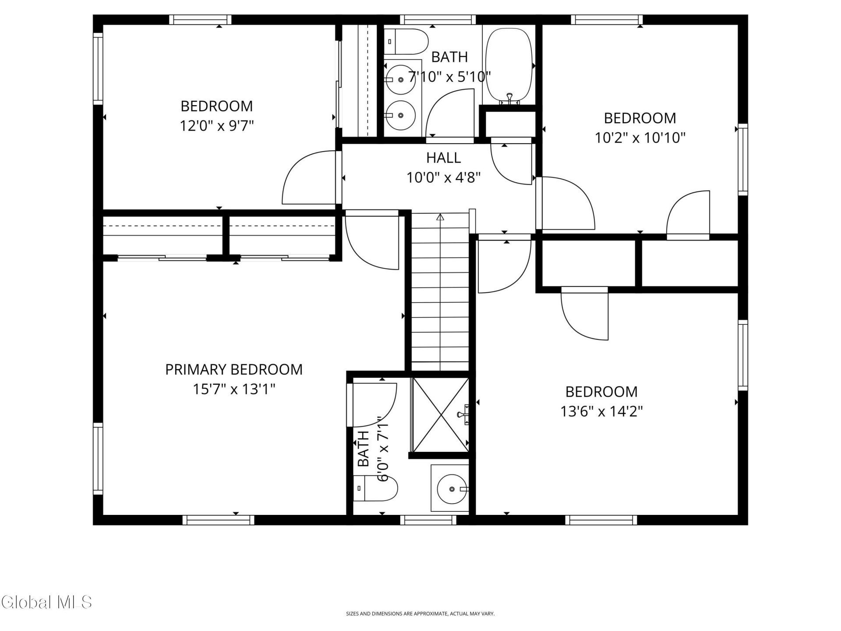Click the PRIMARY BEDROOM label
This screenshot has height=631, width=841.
(x=234, y=369)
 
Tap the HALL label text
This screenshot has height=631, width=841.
(x=443, y=158)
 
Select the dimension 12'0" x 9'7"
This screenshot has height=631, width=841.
(x=217, y=126)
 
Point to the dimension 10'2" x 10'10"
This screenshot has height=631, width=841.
(x=640, y=138)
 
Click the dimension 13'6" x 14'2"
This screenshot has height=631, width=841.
(x=602, y=411)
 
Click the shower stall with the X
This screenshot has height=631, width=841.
(x=440, y=415)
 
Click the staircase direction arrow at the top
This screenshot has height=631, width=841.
(x=440, y=216)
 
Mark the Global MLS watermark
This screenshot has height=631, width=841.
(x=46, y=602)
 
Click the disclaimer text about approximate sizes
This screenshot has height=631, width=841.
(x=420, y=614)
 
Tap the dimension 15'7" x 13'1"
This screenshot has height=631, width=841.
(x=234, y=389)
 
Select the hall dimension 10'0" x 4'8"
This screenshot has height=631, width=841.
(x=444, y=178)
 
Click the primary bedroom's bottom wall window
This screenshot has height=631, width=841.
(x=218, y=520)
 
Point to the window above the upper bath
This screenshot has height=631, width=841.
(x=438, y=20)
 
